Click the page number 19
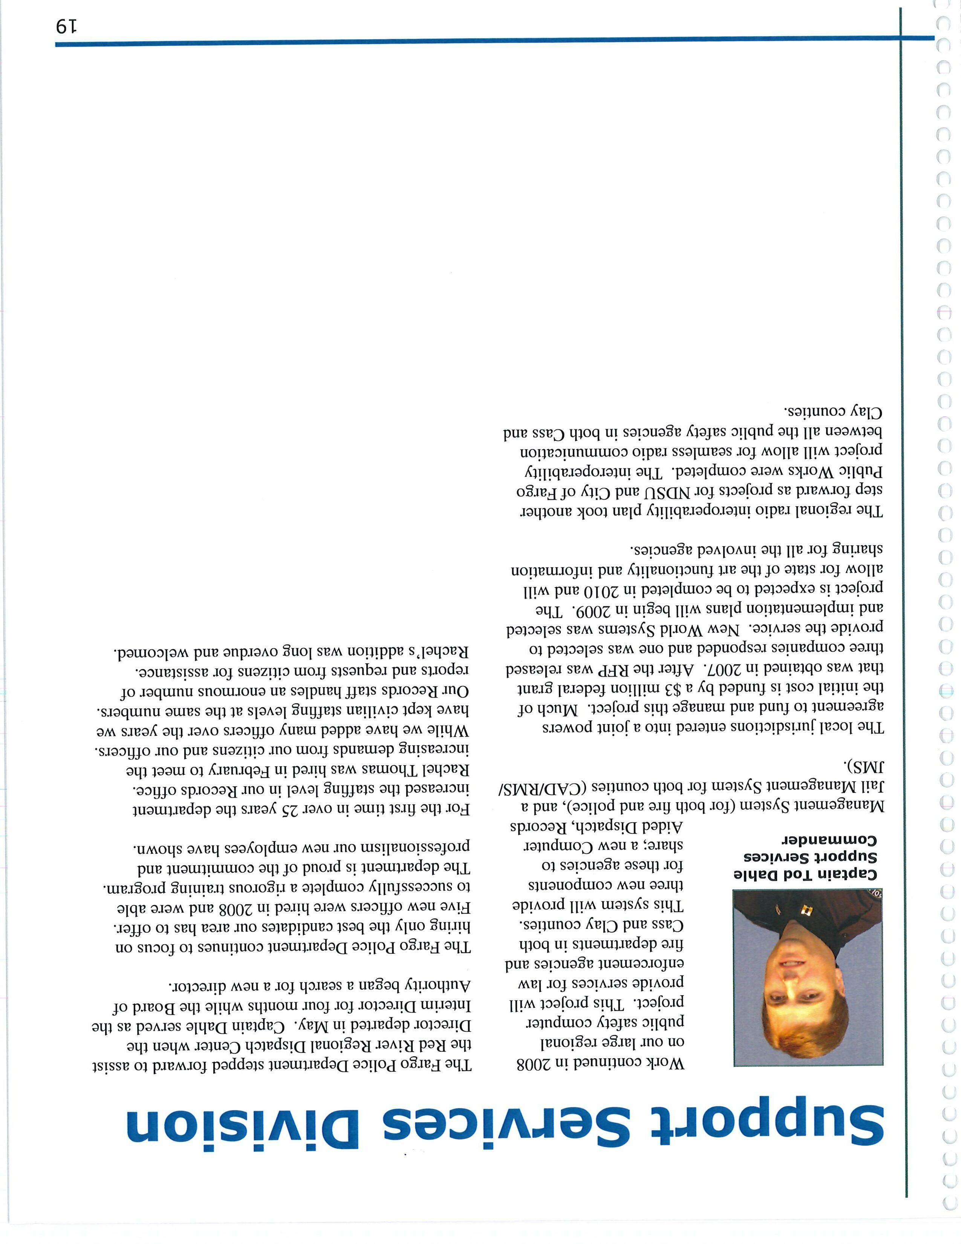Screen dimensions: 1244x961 coord(68,27)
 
